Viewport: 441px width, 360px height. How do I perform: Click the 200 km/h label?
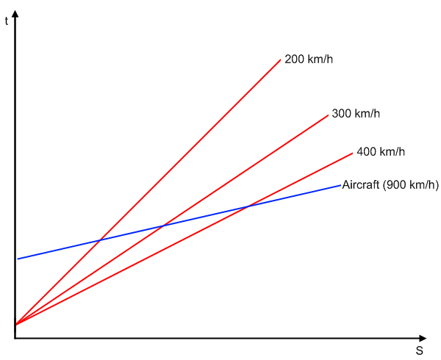pos(309,60)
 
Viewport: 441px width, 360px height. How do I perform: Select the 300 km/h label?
pos(356,114)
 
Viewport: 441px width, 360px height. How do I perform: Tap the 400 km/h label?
pos(381,152)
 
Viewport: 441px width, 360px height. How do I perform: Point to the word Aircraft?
pos(361,185)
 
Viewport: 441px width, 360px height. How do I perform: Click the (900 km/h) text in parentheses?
pos(411,185)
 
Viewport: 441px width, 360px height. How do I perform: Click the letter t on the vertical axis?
pos(7,21)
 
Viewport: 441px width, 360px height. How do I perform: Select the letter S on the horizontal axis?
pos(420,350)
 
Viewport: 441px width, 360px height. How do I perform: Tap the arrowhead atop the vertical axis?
pos(15,13)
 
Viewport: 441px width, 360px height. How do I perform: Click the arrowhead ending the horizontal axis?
pos(423,339)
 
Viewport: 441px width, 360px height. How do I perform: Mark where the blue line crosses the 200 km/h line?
pos(100,240)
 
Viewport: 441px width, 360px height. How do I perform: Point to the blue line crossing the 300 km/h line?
pos(164,226)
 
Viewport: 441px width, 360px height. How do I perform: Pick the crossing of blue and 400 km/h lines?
pos(248,206)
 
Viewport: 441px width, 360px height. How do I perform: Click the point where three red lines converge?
pos(15,325)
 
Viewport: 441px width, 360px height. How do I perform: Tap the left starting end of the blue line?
pos(18,259)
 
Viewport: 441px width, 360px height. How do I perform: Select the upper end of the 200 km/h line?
pos(281,60)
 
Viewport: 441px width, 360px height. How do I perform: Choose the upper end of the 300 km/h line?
pos(328,115)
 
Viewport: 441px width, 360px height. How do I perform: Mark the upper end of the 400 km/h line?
pos(352,153)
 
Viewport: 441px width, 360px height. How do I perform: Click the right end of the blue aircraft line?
pos(340,185)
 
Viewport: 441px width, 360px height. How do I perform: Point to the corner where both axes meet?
pos(15,339)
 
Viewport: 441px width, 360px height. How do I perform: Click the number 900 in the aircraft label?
pos(395,185)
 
